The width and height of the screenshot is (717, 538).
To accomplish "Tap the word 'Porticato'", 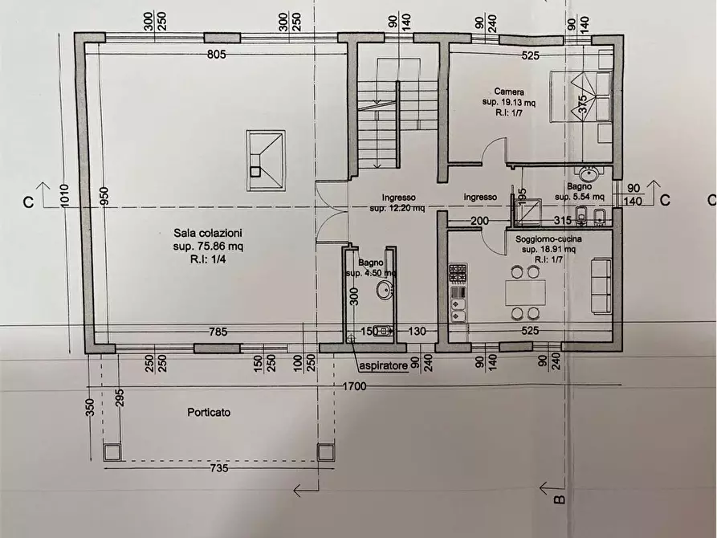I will [209, 412].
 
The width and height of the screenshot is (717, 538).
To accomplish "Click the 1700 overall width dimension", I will [353, 387].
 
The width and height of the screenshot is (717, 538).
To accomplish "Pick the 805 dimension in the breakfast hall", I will [217, 55].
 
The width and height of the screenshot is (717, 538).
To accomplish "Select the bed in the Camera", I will [581, 97].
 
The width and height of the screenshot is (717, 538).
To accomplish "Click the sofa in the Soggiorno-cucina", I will [601, 285].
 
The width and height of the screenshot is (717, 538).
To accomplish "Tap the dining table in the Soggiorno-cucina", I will [523, 292].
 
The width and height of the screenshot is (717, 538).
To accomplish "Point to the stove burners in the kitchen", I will [458, 275].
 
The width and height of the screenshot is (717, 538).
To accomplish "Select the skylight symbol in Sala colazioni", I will [266, 160].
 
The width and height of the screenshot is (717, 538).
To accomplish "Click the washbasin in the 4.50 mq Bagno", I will [385, 290].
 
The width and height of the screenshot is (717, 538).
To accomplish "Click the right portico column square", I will [325, 451].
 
